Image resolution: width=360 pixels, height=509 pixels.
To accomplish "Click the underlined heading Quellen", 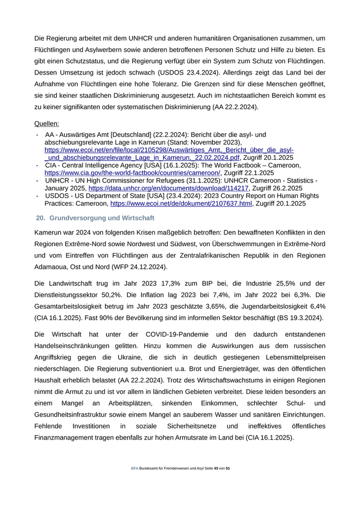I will tap(46, 123).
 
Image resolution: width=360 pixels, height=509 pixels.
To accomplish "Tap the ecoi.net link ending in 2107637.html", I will tap(181, 204).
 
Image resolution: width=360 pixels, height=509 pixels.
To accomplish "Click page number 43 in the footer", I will tap(216, 468).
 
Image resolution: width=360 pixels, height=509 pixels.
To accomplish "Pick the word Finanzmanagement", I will tap(67, 438).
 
